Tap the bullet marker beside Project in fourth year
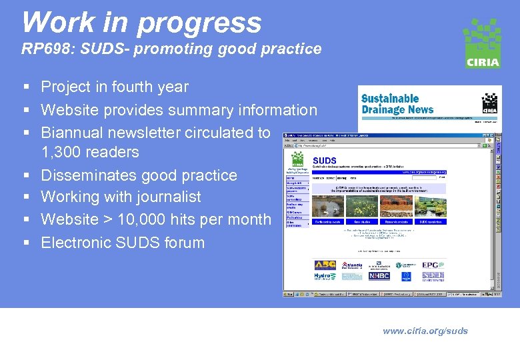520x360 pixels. pyautogui.click(x=25, y=87)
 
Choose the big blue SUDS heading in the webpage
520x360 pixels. pyautogui.click(x=325, y=161)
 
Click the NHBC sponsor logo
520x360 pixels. pyautogui.click(x=379, y=276)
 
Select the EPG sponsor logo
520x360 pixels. pyautogui.click(x=433, y=265)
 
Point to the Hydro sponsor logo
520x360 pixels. pyautogui.click(x=325, y=276)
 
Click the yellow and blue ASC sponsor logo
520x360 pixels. pyautogui.click(x=325, y=265)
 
